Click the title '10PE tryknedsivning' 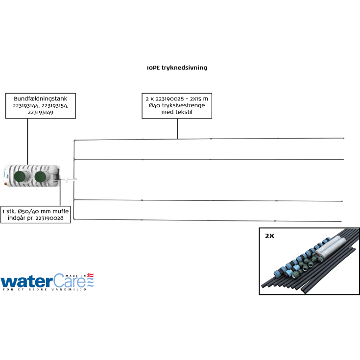click(x=176, y=68)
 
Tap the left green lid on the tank click(x=22, y=177)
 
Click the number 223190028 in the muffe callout click(x=54, y=218)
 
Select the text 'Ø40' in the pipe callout click(x=156, y=105)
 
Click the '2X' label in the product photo click(x=270, y=236)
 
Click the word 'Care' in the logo click(x=69, y=281)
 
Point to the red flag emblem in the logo click(x=90, y=276)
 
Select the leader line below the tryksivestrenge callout click(x=177, y=128)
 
